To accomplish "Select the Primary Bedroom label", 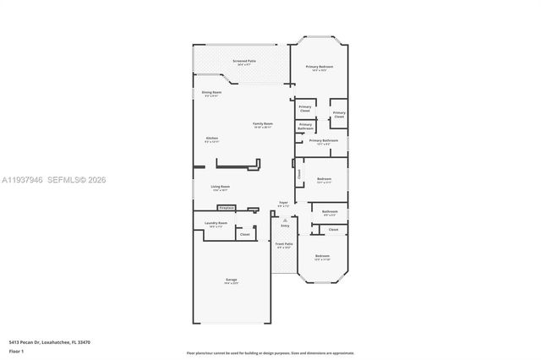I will [320, 68].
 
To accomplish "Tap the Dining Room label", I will [210, 93].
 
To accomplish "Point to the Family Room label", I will [263, 125].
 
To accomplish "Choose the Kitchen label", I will [211, 139].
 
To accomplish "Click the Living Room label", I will [221, 188].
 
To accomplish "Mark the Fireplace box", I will [226, 207].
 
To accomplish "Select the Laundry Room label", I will [216, 225].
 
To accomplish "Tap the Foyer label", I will [283, 204].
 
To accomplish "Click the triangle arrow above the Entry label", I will [285, 220].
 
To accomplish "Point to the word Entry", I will [285, 226].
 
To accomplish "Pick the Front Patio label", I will [282, 245].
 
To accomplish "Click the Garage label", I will [231, 281].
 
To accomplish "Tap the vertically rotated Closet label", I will [298, 174].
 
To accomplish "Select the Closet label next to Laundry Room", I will [244, 234].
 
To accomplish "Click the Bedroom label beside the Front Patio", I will [321, 256].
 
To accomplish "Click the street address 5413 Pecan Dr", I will [25, 342].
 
